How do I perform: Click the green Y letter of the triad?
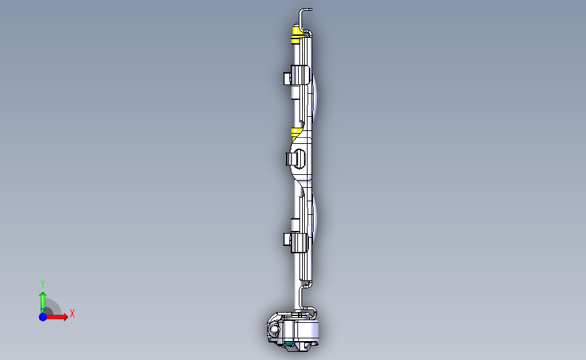(42, 284)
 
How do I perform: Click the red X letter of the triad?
(72, 313)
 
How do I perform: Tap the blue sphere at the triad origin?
(43, 317)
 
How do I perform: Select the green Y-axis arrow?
(43, 303)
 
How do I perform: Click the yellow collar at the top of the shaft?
(296, 34)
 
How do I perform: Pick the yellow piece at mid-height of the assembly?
(296, 133)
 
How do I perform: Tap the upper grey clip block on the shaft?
(300, 75)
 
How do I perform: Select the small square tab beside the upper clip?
(287, 79)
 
